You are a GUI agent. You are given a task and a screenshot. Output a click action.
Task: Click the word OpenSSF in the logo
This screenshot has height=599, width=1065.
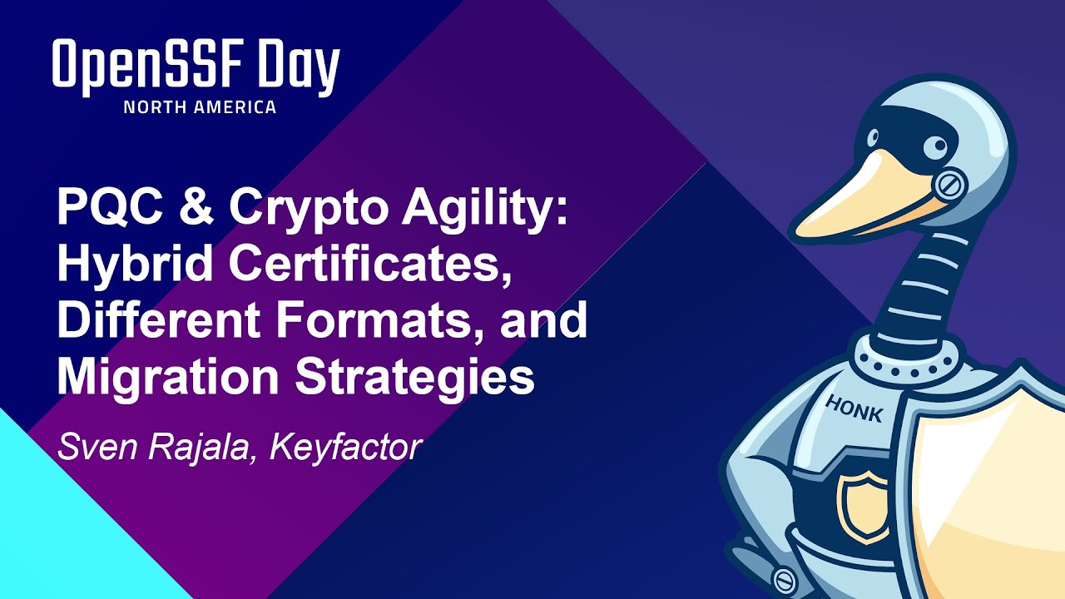point(142,67)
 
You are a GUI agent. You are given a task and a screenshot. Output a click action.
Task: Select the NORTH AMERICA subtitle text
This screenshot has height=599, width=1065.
point(200,107)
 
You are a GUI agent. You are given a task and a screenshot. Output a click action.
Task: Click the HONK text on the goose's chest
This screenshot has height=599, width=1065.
point(854,408)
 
